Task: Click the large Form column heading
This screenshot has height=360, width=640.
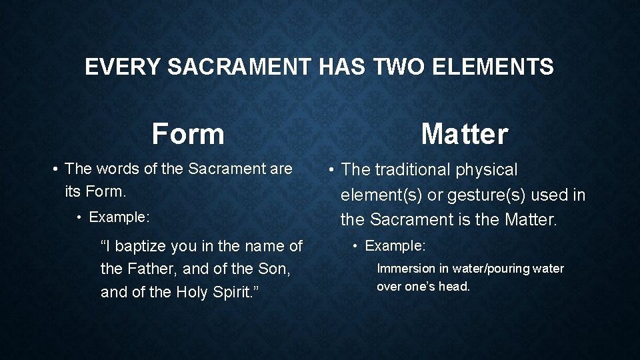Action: (x=188, y=133)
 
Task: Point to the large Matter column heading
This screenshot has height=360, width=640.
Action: (x=464, y=133)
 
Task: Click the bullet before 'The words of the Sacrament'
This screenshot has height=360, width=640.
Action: (x=56, y=169)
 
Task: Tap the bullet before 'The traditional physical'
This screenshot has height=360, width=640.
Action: (x=331, y=170)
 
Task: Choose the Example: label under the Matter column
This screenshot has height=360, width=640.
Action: (x=395, y=245)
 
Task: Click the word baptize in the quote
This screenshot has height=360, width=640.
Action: (x=141, y=247)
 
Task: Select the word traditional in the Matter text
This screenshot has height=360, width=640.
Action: (x=413, y=170)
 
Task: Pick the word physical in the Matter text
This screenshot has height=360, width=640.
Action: (x=487, y=170)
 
